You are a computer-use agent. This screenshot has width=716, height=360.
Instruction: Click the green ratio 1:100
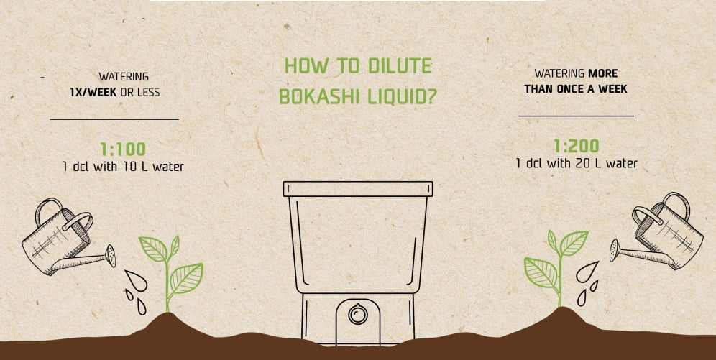[x=123, y=149]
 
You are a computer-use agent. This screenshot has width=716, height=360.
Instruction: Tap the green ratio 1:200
[x=576, y=146]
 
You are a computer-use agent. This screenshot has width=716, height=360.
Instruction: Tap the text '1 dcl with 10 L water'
[x=123, y=167]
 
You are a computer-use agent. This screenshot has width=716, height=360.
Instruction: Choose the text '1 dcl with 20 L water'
[x=576, y=164]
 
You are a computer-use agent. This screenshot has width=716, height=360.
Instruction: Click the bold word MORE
[x=602, y=73]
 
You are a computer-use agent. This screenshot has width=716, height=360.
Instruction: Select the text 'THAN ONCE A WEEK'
[x=576, y=89]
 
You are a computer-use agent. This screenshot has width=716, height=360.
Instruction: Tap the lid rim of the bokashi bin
[x=358, y=189]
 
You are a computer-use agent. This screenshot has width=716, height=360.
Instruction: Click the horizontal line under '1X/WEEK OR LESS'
[x=114, y=119]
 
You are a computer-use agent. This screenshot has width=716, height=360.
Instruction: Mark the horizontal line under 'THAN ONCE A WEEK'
[x=576, y=115]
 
